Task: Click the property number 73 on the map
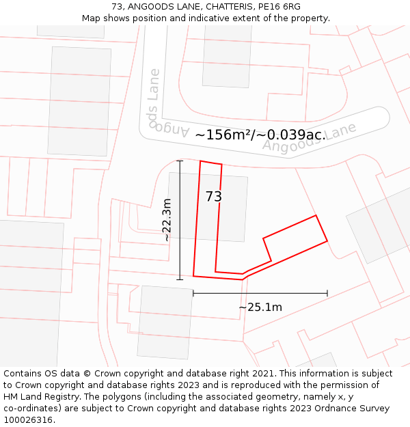214,197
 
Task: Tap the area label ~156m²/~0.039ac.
260,135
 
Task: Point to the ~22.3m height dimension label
167,220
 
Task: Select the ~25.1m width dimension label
260,307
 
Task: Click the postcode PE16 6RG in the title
282,7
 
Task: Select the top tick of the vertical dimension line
180,161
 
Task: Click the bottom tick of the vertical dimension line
180,279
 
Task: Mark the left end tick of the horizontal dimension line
193,293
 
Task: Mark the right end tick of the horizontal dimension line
327,293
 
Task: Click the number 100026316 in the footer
28,419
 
